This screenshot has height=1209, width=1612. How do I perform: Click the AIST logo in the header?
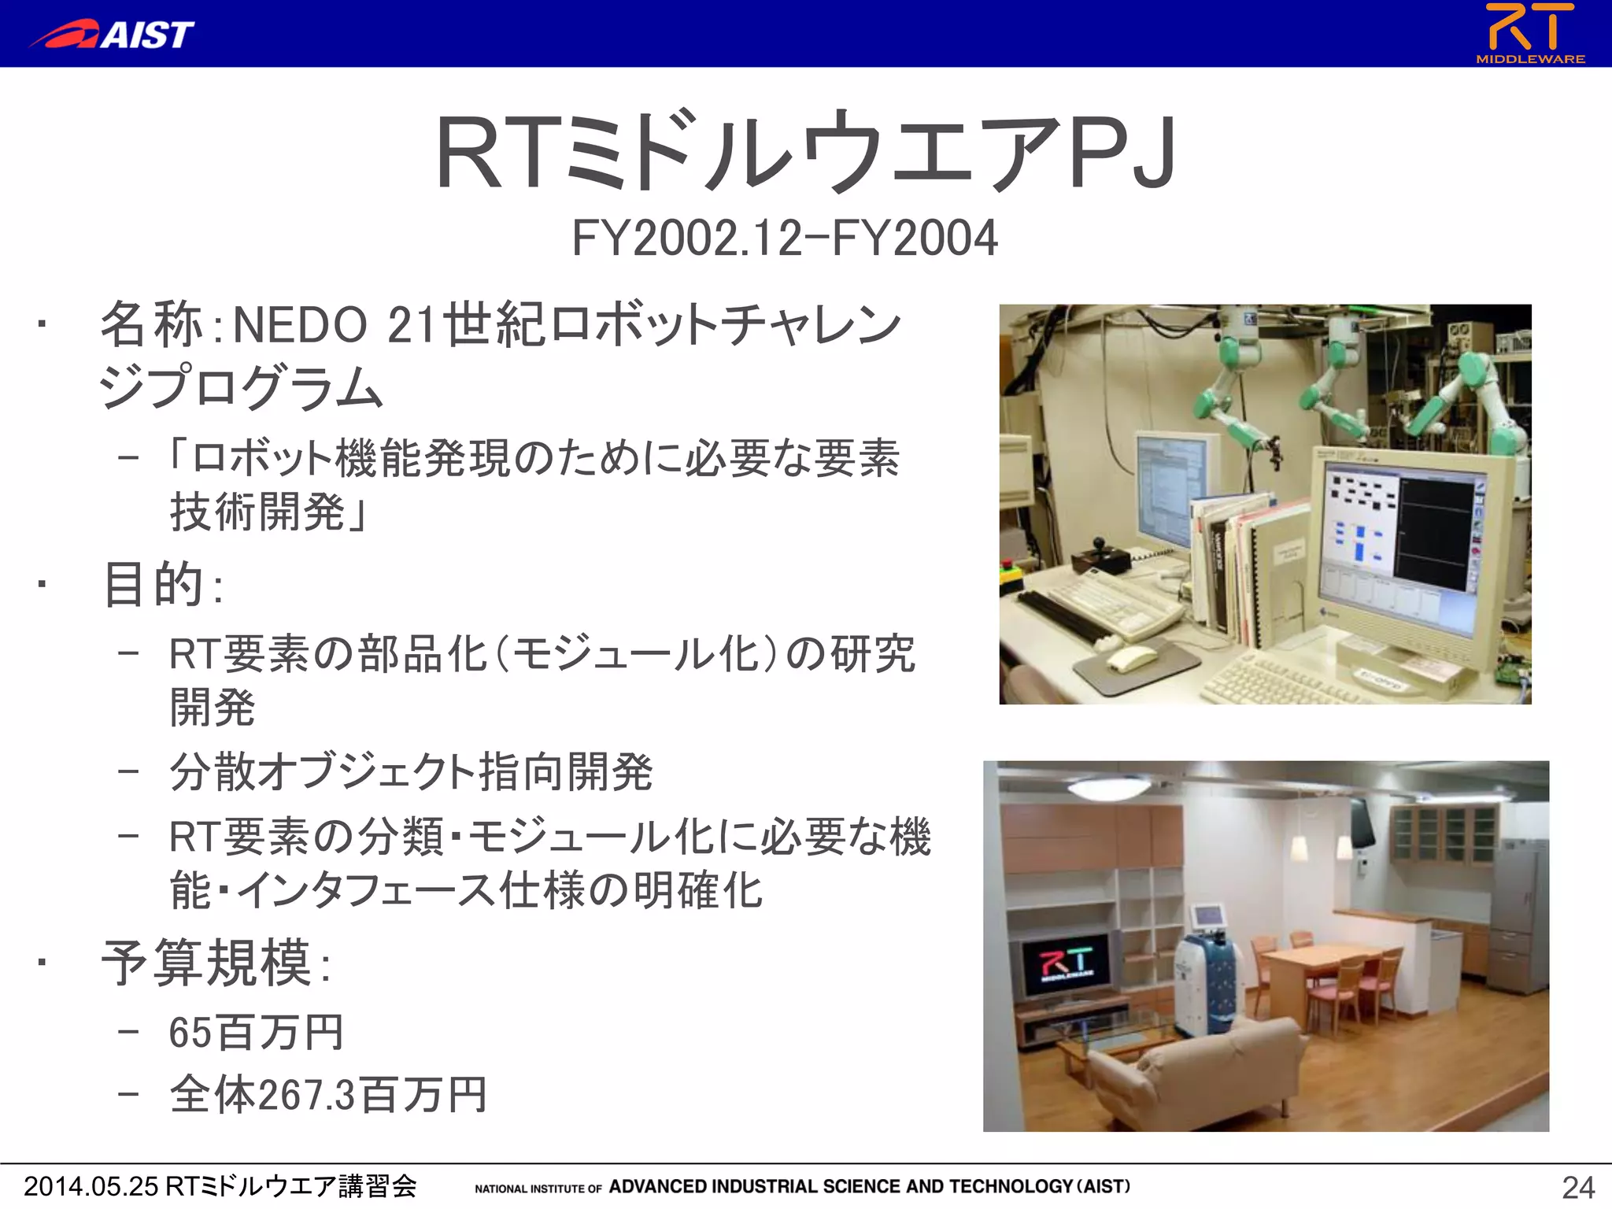[112, 35]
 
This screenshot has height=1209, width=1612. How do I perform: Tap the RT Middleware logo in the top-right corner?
[1530, 33]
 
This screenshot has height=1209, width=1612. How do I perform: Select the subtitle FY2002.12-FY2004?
[784, 238]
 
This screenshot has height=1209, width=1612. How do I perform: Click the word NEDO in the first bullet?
[300, 325]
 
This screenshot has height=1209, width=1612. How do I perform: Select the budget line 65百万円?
[256, 1033]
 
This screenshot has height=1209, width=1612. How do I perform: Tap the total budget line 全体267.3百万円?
[328, 1095]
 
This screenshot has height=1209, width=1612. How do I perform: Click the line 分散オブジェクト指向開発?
[411, 772]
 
